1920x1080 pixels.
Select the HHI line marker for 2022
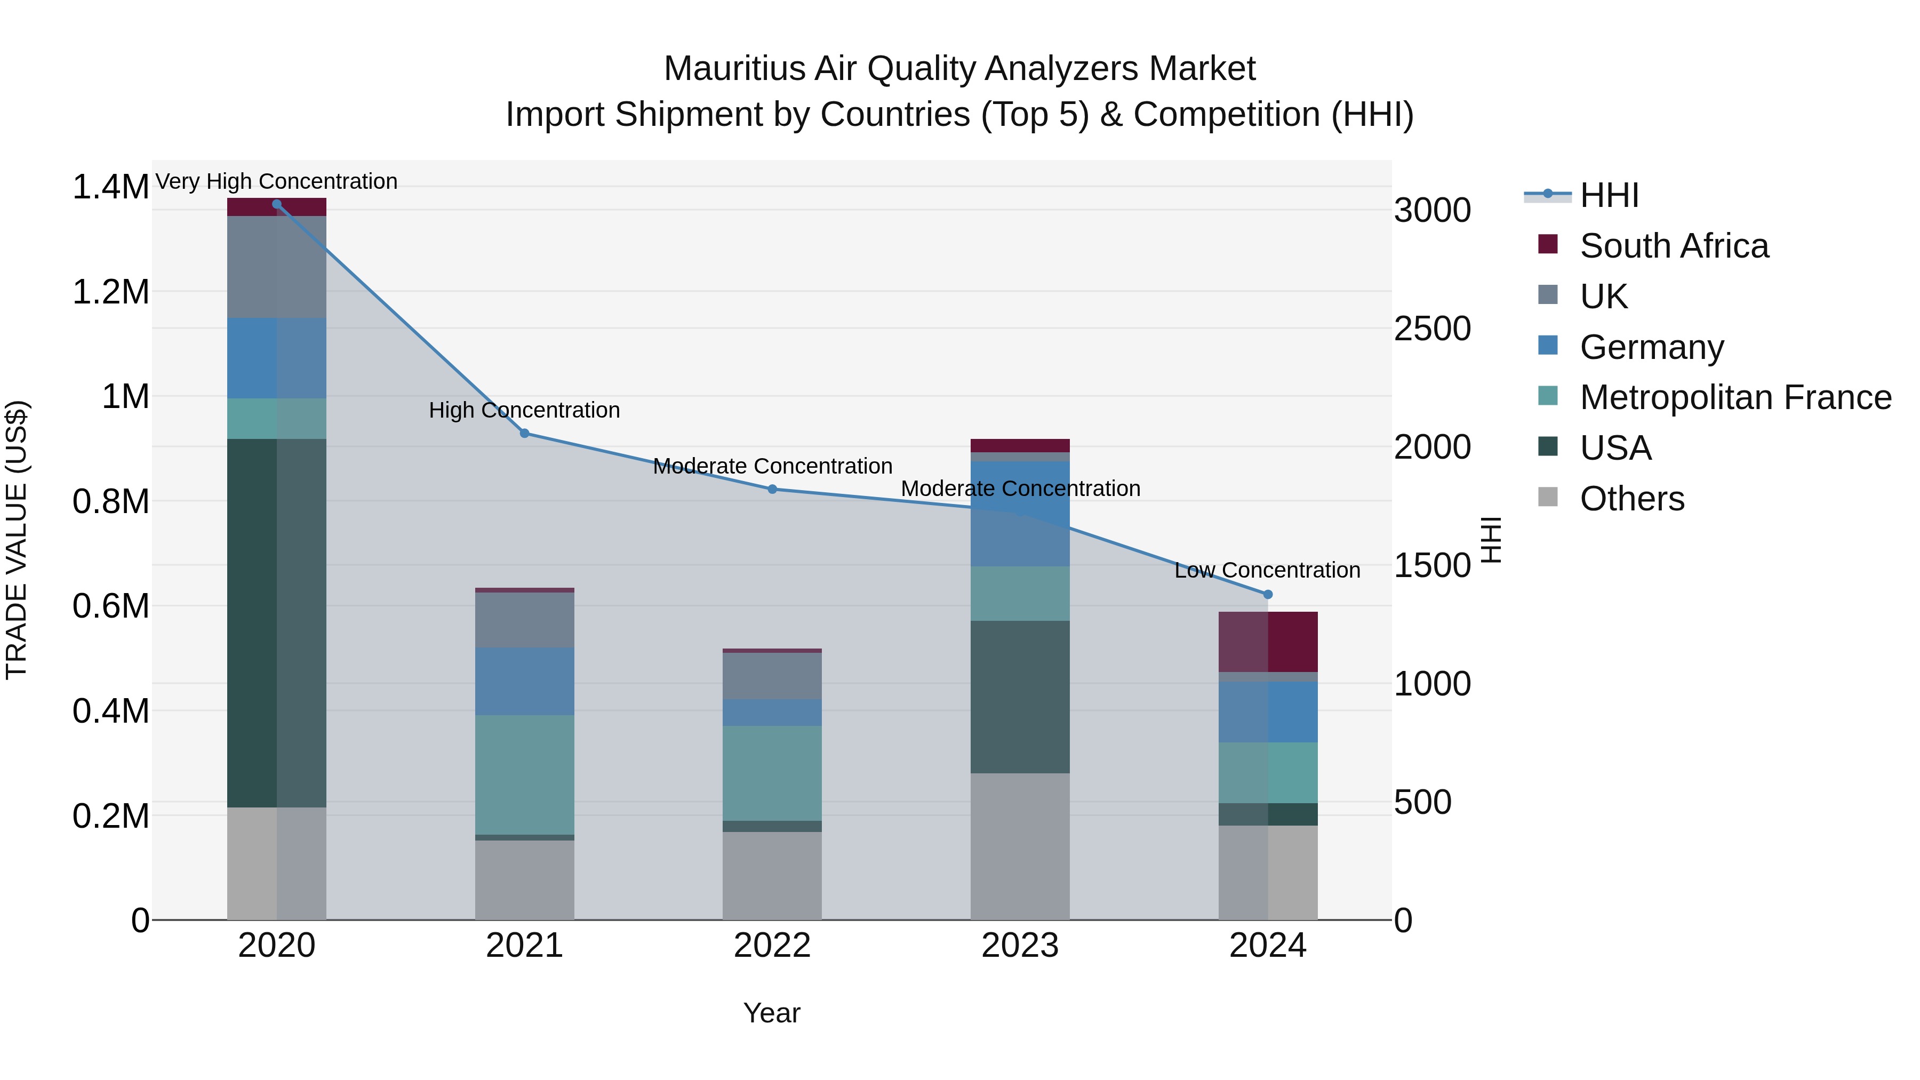point(772,489)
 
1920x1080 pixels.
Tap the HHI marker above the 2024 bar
point(1268,594)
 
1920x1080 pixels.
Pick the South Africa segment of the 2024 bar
point(1268,642)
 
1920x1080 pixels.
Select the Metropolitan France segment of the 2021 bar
point(525,774)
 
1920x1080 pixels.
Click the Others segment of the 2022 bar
point(772,875)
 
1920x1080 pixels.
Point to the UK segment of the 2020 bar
point(276,267)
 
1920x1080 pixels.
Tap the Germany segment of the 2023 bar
point(1020,514)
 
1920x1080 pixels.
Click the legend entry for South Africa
point(1673,246)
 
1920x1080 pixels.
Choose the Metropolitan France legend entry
point(1735,397)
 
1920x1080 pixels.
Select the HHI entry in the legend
point(1609,195)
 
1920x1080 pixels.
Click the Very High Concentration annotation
point(276,181)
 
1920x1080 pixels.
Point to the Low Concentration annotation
point(1267,570)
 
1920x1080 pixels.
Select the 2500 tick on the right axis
point(1432,329)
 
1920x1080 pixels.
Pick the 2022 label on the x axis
point(772,946)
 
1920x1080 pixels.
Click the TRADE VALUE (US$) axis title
point(17,540)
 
